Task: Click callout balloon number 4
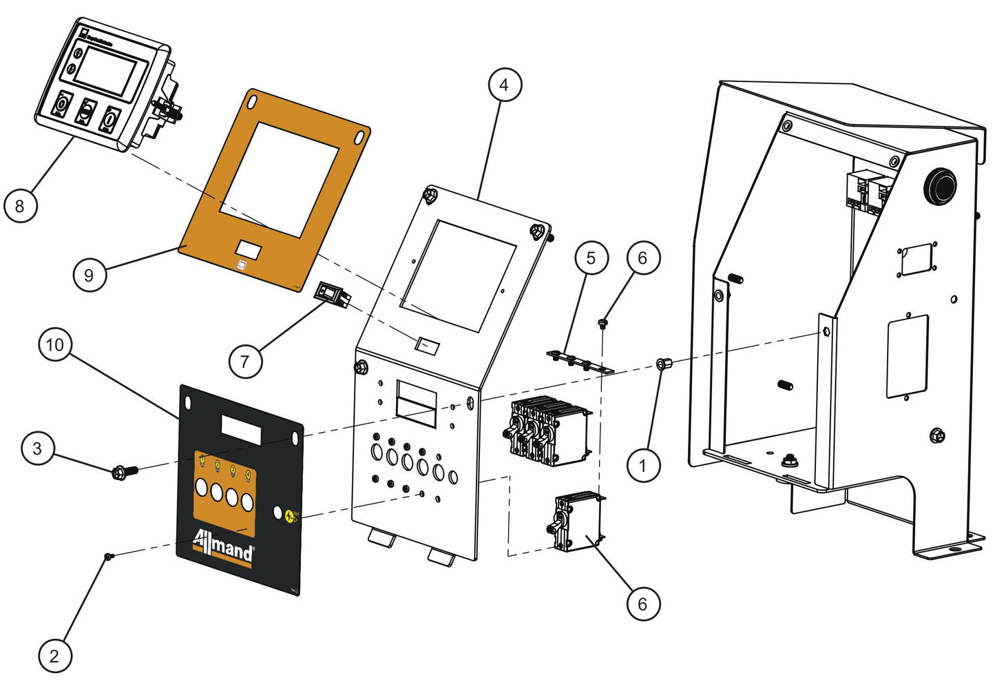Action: pos(505,85)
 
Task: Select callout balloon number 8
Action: pos(20,205)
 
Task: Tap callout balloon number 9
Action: pos(89,276)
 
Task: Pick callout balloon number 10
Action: pos(55,344)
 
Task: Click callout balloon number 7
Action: pos(245,361)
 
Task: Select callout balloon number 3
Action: pos(37,449)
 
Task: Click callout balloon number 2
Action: pos(54,656)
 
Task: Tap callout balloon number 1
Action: pos(642,466)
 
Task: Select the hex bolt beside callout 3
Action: pos(124,472)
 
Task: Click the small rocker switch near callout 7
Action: pos(333,295)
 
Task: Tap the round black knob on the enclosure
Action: pos(940,185)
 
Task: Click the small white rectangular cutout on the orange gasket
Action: pos(248,250)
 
